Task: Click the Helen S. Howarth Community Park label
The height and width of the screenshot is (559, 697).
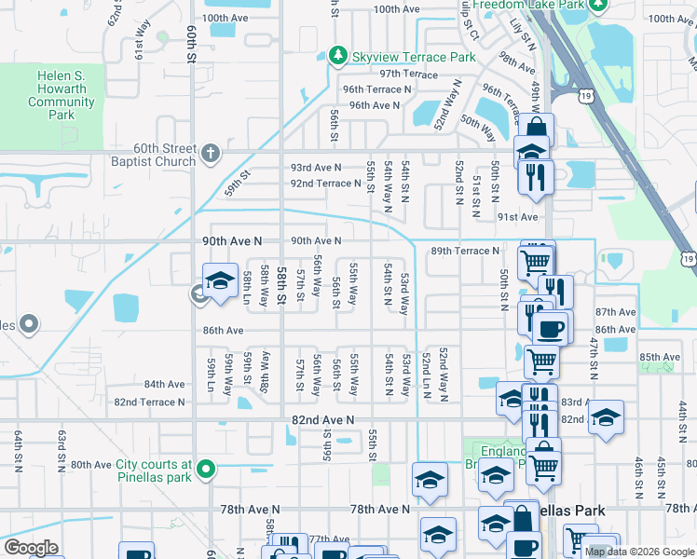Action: [x=62, y=96]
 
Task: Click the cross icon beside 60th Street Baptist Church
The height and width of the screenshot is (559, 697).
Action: [x=211, y=151]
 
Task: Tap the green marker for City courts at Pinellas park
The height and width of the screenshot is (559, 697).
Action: [x=211, y=469]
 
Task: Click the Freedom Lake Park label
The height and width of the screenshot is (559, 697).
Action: [x=529, y=5]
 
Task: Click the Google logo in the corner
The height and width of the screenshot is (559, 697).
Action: [x=31, y=547]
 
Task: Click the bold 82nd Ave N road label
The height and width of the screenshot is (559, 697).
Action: [x=323, y=420]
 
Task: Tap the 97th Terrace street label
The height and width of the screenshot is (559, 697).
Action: [x=408, y=74]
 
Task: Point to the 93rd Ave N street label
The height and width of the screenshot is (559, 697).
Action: [x=316, y=167]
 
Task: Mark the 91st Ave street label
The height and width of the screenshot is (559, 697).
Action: [x=518, y=217]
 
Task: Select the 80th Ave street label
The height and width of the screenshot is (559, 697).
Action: [x=90, y=465]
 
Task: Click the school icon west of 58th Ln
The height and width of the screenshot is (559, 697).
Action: [x=220, y=282]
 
